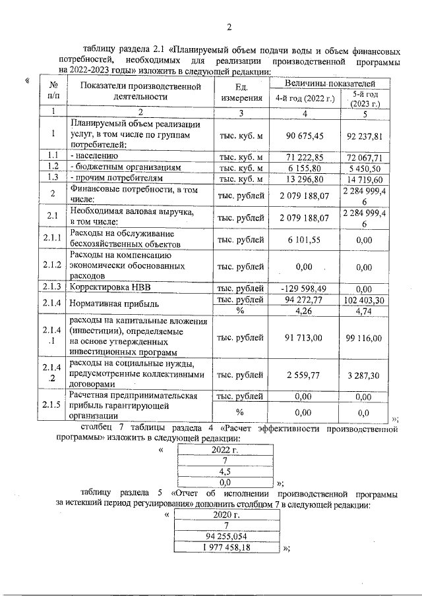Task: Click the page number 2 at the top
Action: pos(228,27)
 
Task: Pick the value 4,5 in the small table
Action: pos(225,472)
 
